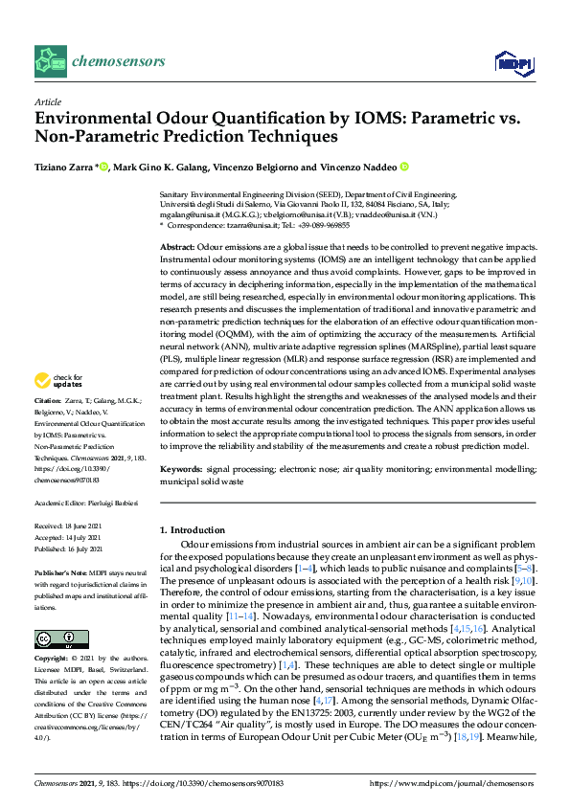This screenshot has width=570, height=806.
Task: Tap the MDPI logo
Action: [517, 62]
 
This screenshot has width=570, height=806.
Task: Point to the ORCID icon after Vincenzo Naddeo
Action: [404, 167]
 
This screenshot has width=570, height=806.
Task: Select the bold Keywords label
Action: [181, 470]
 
